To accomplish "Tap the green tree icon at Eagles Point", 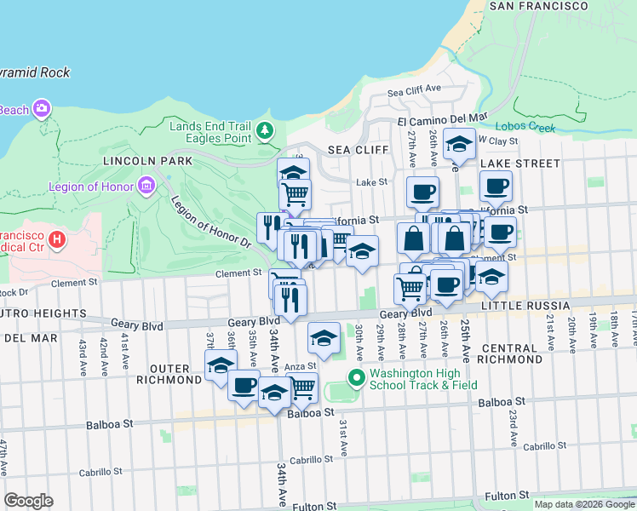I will [267, 129].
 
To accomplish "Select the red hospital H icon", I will [57, 239].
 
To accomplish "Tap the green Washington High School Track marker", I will [357, 377].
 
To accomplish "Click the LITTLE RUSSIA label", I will [525, 305].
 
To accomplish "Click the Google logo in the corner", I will [28, 500].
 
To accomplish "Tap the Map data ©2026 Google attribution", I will [583, 504].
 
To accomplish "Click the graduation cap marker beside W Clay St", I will [459, 146].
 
